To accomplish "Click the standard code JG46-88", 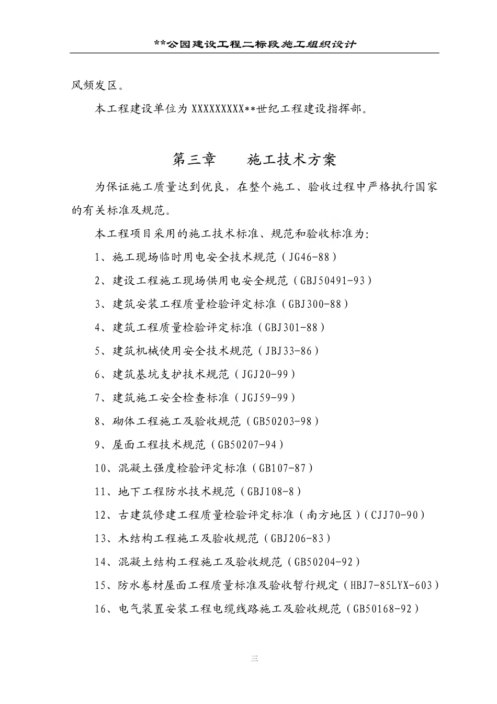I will [x=309, y=257].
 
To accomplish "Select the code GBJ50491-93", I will [x=332, y=281].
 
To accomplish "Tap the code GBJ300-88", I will [x=315, y=304].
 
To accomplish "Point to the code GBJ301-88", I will [x=291, y=328].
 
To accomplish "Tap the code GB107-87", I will [x=282, y=468].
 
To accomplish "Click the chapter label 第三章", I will [x=194, y=159].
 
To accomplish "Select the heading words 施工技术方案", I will [x=291, y=159].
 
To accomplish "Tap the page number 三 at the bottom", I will [x=254, y=659].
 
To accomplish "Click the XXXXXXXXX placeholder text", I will [x=218, y=109].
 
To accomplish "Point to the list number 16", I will [x=100, y=609].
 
